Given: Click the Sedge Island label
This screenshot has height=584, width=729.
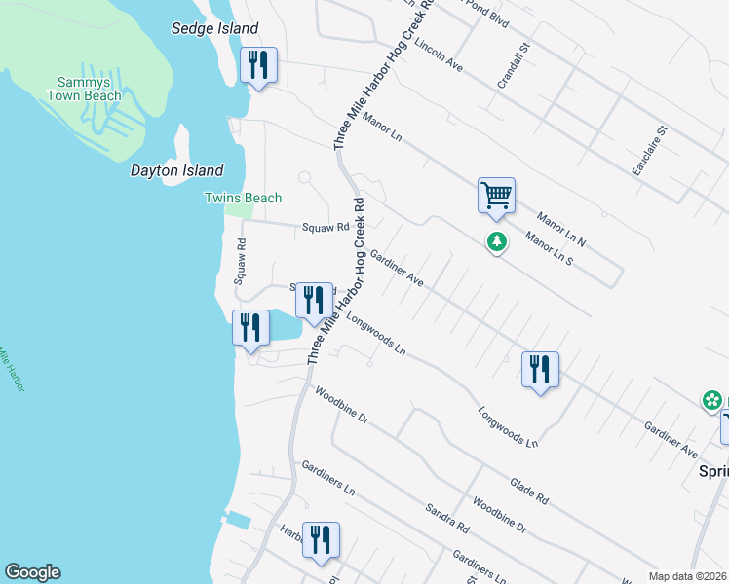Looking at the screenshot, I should pos(215,29).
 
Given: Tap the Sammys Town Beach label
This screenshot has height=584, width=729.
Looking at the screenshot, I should pos(83,89).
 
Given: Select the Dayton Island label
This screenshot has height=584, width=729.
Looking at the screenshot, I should pos(177,170).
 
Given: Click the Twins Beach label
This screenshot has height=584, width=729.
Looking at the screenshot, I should pos(243,199).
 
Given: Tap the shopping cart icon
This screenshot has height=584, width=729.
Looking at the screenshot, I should pos(496,196).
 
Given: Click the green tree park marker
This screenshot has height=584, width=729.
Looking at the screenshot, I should pos(497,241).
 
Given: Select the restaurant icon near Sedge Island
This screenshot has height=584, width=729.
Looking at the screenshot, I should pos(258,66).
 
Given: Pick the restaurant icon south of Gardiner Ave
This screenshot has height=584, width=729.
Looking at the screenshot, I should pos(540,370).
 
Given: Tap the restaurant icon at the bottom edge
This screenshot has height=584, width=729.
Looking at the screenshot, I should pos(321,541).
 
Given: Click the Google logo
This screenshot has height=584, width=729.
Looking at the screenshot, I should pos(32,572).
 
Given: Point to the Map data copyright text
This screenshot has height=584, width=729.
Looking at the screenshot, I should pos(688,576).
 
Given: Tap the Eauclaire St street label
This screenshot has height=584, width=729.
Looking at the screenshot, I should pos(648,150).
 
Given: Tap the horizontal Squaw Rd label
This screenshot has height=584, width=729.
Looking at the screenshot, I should pos(326,228).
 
